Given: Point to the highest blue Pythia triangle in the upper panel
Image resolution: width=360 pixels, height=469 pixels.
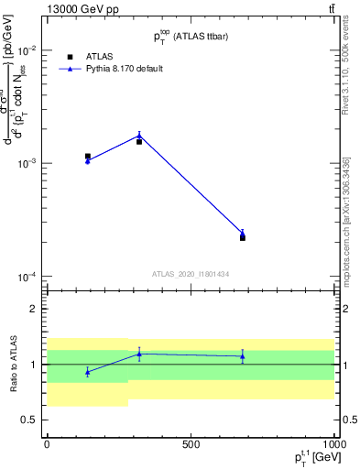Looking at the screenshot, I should pos(139,136).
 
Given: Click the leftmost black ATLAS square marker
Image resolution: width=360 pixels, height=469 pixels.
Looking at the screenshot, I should pos(87,157).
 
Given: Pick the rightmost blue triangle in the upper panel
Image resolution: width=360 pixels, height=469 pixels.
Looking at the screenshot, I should pos(243,233).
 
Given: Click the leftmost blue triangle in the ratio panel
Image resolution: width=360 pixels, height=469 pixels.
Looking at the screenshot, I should pos(87,372).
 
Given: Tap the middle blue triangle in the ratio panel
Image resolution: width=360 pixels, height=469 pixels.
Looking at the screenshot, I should pos(139,354).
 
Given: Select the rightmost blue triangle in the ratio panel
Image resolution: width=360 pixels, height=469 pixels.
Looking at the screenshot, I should pos(243,356).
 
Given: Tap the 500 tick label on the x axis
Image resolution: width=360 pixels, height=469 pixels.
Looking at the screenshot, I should pos(191,443).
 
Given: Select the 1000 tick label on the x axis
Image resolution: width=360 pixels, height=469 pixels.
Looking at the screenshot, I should pos(333,443).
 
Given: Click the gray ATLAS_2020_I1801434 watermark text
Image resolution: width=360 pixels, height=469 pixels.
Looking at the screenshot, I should pos(191,274).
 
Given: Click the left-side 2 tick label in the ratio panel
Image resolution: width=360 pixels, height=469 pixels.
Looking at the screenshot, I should pos(35,309).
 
